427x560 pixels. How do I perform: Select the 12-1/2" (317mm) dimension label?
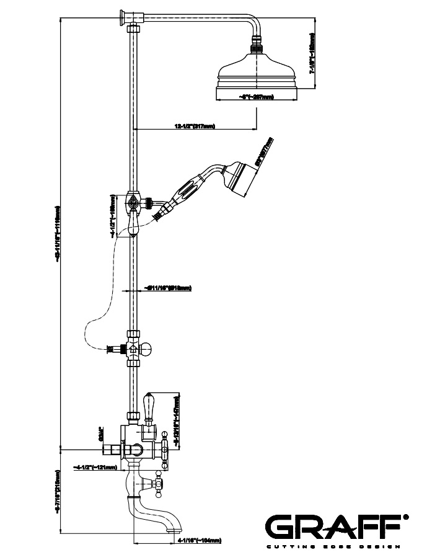[195, 127]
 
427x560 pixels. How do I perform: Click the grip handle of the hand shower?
[189, 189]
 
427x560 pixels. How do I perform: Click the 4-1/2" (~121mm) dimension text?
[94, 467]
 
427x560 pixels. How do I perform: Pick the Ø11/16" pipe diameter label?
[167, 288]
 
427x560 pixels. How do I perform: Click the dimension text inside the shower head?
[256, 97]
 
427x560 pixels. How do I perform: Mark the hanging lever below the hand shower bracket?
[133, 223]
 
